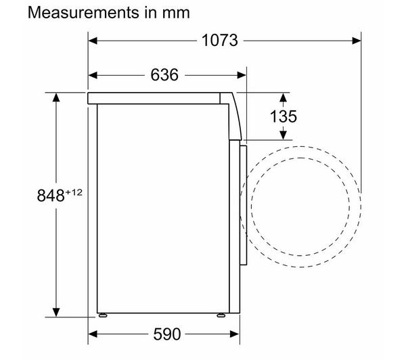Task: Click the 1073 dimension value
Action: tap(219, 41)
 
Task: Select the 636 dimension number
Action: tap(164, 75)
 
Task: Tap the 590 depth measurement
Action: tap(166, 334)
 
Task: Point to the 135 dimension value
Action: tap(284, 116)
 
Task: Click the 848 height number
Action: tap(51, 196)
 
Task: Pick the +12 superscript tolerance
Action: tap(74, 192)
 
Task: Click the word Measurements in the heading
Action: tap(83, 12)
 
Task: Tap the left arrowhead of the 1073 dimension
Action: tap(93, 41)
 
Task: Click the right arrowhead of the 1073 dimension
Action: tap(357, 41)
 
